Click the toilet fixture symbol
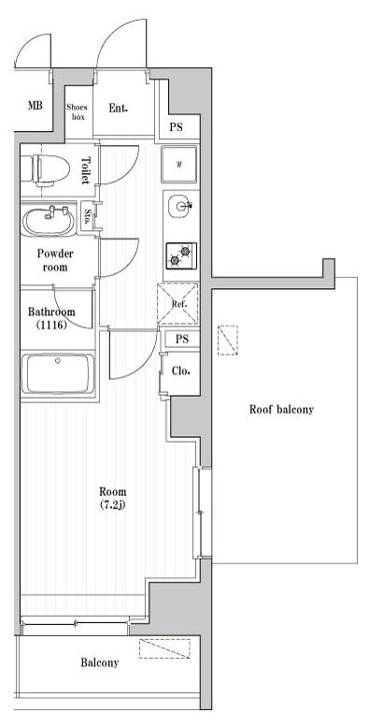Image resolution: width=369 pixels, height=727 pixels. coord(50,169)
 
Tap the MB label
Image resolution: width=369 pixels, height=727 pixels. coord(35,106)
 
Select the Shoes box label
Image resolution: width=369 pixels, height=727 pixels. coord(78,111)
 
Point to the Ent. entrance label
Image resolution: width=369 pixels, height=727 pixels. coord(119,108)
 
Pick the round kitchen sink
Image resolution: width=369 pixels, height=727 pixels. coord(179,206)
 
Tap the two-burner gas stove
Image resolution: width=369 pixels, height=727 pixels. coord(180,255)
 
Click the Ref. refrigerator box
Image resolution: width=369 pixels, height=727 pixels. coord(178,304)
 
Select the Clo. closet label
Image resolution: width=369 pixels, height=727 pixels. coord(179,371)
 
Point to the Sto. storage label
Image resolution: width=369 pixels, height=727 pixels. coord(88,215)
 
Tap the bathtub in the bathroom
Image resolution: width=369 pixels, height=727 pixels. coord(57,373)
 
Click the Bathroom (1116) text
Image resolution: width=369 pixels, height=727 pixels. coord(51,318)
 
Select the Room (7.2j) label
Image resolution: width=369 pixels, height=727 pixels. coord(112,498)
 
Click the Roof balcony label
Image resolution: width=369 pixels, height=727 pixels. coord(281,410)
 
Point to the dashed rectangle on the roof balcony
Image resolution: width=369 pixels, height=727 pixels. coord(228,341)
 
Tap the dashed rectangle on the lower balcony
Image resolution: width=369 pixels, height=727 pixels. coord(164,648)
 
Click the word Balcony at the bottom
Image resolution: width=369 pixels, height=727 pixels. coord(100,662)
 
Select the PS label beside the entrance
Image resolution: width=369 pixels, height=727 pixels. coord(176,127)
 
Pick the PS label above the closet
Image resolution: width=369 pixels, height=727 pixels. coord(182,340)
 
